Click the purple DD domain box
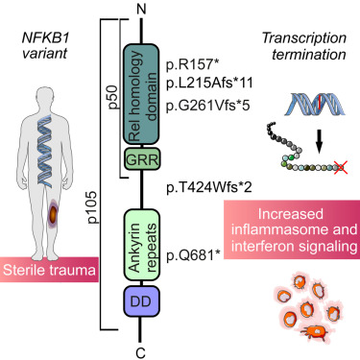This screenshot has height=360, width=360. tap(140, 303)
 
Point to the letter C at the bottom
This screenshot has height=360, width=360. tap(140, 349)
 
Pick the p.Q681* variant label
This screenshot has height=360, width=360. tap(191, 254)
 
